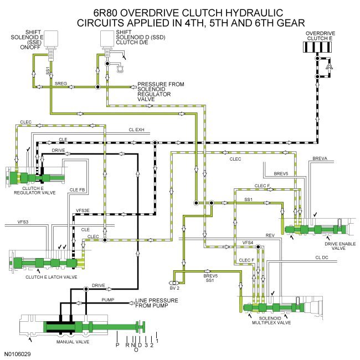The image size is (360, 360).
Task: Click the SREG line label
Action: [x=61, y=83]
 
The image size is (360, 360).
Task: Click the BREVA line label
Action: [x=320, y=158]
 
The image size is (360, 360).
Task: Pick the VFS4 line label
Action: [x=248, y=243]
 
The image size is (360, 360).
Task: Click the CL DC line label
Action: [x=322, y=257]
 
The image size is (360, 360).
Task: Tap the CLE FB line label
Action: [x=77, y=190]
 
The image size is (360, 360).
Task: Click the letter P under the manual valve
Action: [x=117, y=343]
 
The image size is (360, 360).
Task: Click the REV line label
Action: [x=270, y=236]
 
